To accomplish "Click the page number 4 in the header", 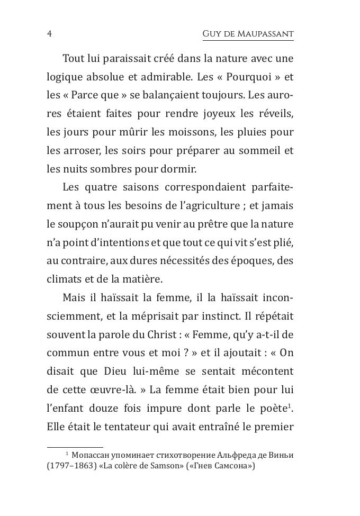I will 49,34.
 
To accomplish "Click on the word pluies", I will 254,132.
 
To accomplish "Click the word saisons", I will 136,187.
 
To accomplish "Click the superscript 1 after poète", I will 292,405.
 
